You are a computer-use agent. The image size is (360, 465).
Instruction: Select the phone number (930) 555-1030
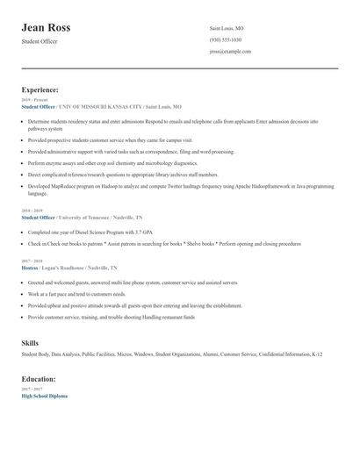(x=227, y=40)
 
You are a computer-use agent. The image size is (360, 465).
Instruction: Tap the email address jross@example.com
(x=231, y=52)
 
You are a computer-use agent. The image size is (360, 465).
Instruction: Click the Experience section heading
(x=40, y=89)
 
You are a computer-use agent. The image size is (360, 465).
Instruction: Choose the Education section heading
(x=38, y=378)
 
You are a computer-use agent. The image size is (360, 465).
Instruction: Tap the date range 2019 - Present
(x=34, y=100)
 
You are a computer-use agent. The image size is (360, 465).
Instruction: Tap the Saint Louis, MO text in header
(x=227, y=28)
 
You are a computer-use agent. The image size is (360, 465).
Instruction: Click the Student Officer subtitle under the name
(x=40, y=41)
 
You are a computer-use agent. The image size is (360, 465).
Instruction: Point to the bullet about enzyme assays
(x=100, y=163)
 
